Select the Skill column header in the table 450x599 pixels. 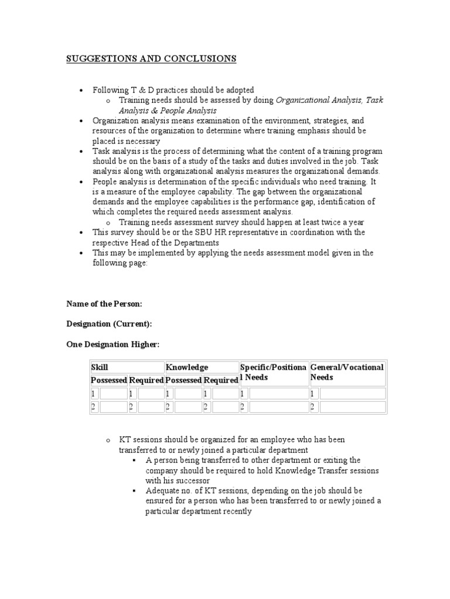(x=99, y=367)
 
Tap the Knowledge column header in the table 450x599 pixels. (x=187, y=367)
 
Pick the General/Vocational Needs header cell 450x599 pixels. (x=347, y=372)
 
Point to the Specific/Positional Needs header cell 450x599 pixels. (x=273, y=372)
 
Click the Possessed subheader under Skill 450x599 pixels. (x=108, y=380)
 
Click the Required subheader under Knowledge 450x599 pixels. (x=221, y=380)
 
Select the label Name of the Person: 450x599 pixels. (x=104, y=304)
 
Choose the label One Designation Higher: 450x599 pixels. (x=112, y=345)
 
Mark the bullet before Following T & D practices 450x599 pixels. (x=81, y=90)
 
